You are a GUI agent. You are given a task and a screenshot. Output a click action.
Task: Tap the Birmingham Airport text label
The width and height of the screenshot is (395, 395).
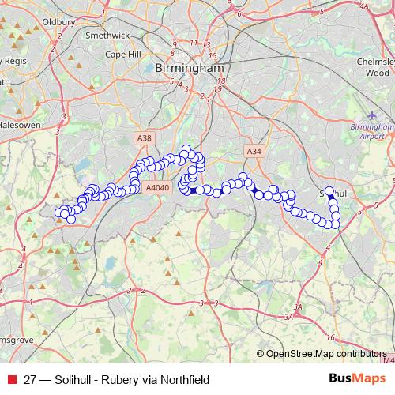point(371,130)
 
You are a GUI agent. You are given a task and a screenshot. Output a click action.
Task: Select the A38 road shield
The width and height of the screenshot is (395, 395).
point(144,138)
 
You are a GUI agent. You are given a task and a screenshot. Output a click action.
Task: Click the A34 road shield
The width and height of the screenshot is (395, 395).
point(253,151)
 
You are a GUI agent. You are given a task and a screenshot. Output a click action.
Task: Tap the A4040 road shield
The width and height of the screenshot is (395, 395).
point(159,188)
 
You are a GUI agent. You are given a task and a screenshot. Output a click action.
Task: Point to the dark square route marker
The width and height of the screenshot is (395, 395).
point(193,190)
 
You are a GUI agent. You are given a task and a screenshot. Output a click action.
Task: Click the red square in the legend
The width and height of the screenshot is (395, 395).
point(11,380)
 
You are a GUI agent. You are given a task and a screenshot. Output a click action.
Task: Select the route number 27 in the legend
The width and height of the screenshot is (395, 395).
point(32,380)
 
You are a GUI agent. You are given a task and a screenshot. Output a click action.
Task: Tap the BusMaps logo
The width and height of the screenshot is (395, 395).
point(353,379)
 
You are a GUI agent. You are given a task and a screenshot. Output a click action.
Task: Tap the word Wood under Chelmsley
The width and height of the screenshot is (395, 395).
point(377,73)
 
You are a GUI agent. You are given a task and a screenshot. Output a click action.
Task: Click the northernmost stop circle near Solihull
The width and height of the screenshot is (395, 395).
point(329,191)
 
